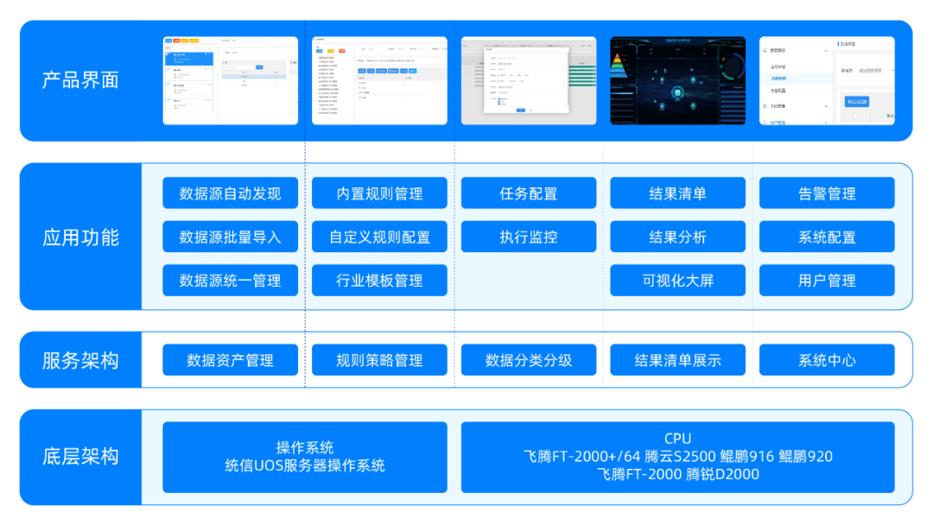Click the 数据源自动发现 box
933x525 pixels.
[230, 193]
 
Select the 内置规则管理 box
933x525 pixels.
[379, 193]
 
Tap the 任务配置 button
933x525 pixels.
[528, 193]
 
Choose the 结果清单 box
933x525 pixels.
[677, 193]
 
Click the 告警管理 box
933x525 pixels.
[827, 193]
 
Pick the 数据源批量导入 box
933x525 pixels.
[230, 237]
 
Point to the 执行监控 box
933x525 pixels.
[528, 237]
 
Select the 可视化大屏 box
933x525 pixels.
[677, 281]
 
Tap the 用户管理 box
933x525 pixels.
[827, 281]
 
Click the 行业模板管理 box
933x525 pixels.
[379, 281]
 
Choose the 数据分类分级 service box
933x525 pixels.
[528, 360]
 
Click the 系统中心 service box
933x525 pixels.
[827, 360]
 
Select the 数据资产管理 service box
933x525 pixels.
[230, 360]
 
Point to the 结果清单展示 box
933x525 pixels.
[677, 360]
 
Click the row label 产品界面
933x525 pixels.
[80, 80]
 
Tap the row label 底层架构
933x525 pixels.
[80, 457]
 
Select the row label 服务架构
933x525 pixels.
[80, 360]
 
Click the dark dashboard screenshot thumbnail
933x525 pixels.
[677, 80]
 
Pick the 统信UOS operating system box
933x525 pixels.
[305, 457]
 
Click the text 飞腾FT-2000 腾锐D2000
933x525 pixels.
[677, 474]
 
